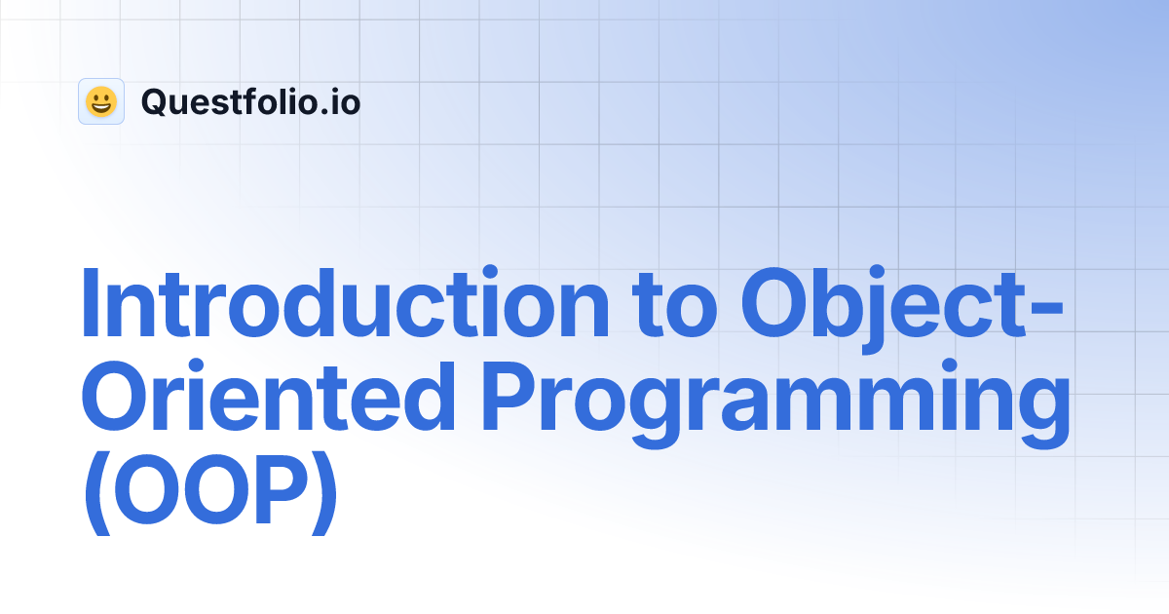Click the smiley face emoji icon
pos(101,101)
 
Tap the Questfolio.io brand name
pos(250,101)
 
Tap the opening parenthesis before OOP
pos(95,497)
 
